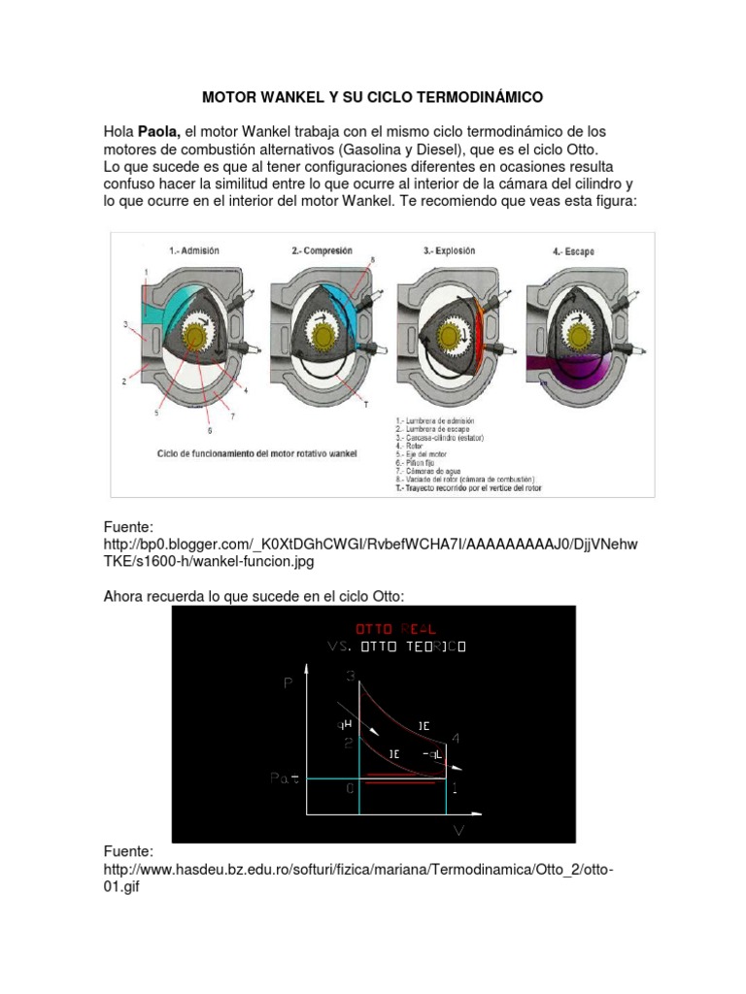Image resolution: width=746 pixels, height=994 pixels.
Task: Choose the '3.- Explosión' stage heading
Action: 450,249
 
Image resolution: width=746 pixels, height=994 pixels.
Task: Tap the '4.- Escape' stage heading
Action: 573,251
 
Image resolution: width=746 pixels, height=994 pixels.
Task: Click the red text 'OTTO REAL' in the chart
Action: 389,629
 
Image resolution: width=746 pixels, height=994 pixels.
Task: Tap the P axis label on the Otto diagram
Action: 288,683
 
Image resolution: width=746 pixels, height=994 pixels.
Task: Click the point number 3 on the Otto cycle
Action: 351,676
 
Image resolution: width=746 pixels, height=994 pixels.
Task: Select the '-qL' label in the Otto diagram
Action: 432,754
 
